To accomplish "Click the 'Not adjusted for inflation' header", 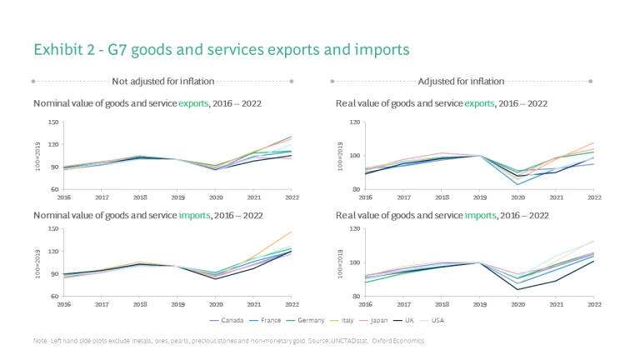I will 163,81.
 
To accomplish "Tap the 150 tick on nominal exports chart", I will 54,122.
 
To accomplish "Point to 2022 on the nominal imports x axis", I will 292,303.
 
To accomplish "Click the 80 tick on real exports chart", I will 354,190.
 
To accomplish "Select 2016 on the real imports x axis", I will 365,303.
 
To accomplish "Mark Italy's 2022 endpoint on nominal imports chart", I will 292,232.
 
